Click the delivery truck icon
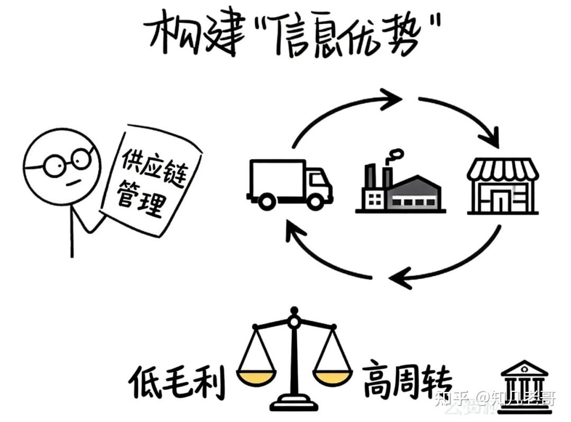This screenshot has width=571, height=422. click(289, 182)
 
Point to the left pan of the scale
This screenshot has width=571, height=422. click(256, 377)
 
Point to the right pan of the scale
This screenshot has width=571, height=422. click(332, 377)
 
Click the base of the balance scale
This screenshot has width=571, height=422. click(294, 404)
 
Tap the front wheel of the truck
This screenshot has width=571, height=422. click(317, 201)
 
